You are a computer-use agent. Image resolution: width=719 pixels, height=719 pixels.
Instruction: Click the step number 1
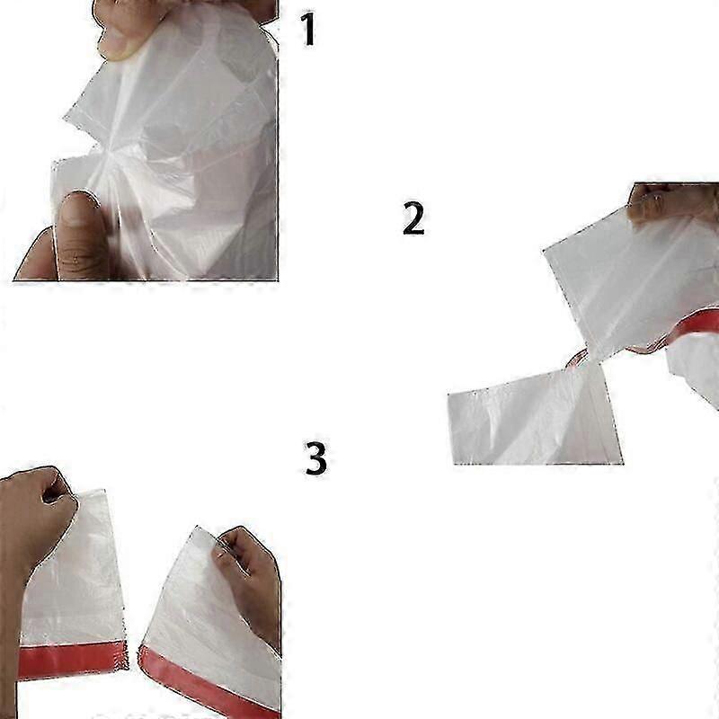coord(308,29)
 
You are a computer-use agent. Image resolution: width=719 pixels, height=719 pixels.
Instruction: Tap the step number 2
coord(413,217)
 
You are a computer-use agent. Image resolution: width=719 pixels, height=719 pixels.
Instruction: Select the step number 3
coord(316,457)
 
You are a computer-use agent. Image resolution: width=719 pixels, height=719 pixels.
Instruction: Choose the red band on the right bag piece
coord(209,683)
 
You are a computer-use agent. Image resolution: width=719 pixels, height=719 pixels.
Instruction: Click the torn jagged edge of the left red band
coord(124,656)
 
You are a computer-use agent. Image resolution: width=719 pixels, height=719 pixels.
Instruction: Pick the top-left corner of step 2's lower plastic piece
coord(448,393)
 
